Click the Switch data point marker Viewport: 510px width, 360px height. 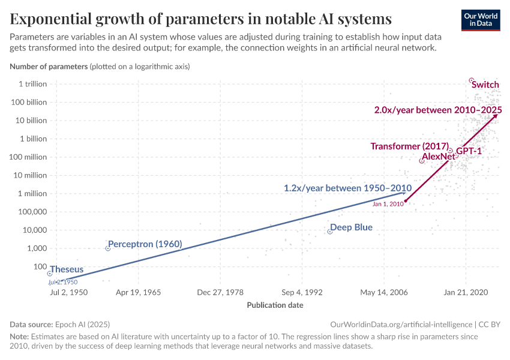[x=472, y=80]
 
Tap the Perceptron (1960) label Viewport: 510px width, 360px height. [x=145, y=244]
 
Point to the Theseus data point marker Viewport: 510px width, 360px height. [x=50, y=274]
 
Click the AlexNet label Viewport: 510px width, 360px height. [x=439, y=157]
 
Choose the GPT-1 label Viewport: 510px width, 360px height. [x=469, y=151]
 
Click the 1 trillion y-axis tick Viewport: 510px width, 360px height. [x=32, y=84]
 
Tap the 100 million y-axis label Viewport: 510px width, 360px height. [x=28, y=157]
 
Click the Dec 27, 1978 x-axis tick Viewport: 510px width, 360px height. [x=220, y=292]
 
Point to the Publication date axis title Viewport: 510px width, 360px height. [x=275, y=305]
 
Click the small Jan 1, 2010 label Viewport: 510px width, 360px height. [x=388, y=204]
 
